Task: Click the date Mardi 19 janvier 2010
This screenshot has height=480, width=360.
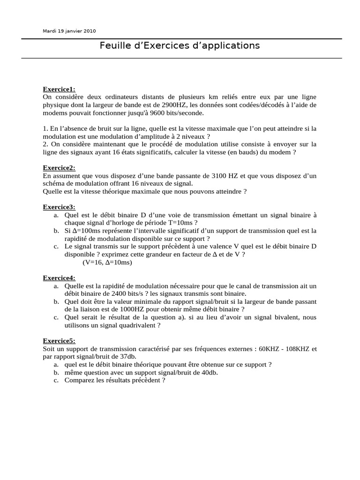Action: [69, 31]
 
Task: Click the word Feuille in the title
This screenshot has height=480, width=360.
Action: [114, 45]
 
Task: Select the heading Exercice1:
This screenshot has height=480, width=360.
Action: [59, 89]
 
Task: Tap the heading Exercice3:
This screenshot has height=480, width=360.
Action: [59, 207]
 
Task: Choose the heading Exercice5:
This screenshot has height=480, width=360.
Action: [59, 341]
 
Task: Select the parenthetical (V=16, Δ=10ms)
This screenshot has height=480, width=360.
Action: [107, 262]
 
